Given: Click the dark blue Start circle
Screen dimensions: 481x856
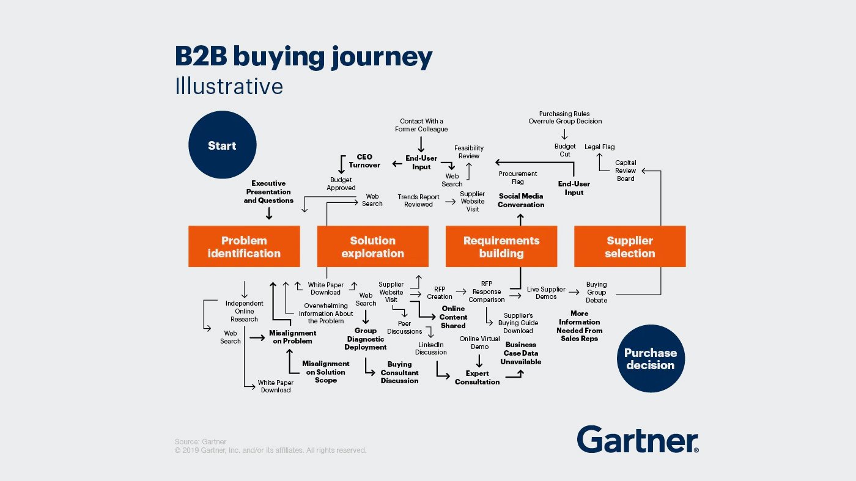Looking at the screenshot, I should click(x=222, y=145).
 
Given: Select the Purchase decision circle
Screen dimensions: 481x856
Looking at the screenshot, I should click(x=650, y=359).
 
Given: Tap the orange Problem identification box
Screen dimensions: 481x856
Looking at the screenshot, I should click(x=244, y=247).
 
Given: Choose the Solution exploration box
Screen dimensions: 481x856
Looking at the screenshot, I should click(x=372, y=247).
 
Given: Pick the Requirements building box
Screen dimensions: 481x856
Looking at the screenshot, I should click(x=501, y=247).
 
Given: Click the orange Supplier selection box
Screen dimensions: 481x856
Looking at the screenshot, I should click(x=630, y=247).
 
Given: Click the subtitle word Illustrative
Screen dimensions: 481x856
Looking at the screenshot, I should click(x=229, y=86).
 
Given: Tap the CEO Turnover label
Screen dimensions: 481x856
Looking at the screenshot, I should click(x=364, y=161).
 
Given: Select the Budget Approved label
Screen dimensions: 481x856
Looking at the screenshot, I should click(x=341, y=184).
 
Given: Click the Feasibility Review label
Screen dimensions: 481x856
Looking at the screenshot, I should click(x=469, y=152).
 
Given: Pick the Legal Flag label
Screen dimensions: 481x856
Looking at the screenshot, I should click(x=600, y=147).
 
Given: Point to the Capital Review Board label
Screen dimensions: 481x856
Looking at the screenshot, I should click(x=625, y=171).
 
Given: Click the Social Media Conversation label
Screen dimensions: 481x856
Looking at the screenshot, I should click(x=521, y=200).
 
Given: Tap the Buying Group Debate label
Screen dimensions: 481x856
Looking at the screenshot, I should click(x=597, y=292).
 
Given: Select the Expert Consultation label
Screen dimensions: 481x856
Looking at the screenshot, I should click(x=477, y=378).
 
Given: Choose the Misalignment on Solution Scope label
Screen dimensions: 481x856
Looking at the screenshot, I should click(x=326, y=372).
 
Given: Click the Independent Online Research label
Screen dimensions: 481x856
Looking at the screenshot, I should click(x=245, y=311).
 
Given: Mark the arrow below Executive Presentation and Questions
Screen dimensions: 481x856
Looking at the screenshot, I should click(x=268, y=213).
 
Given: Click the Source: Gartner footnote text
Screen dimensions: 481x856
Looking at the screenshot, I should click(x=201, y=442).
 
